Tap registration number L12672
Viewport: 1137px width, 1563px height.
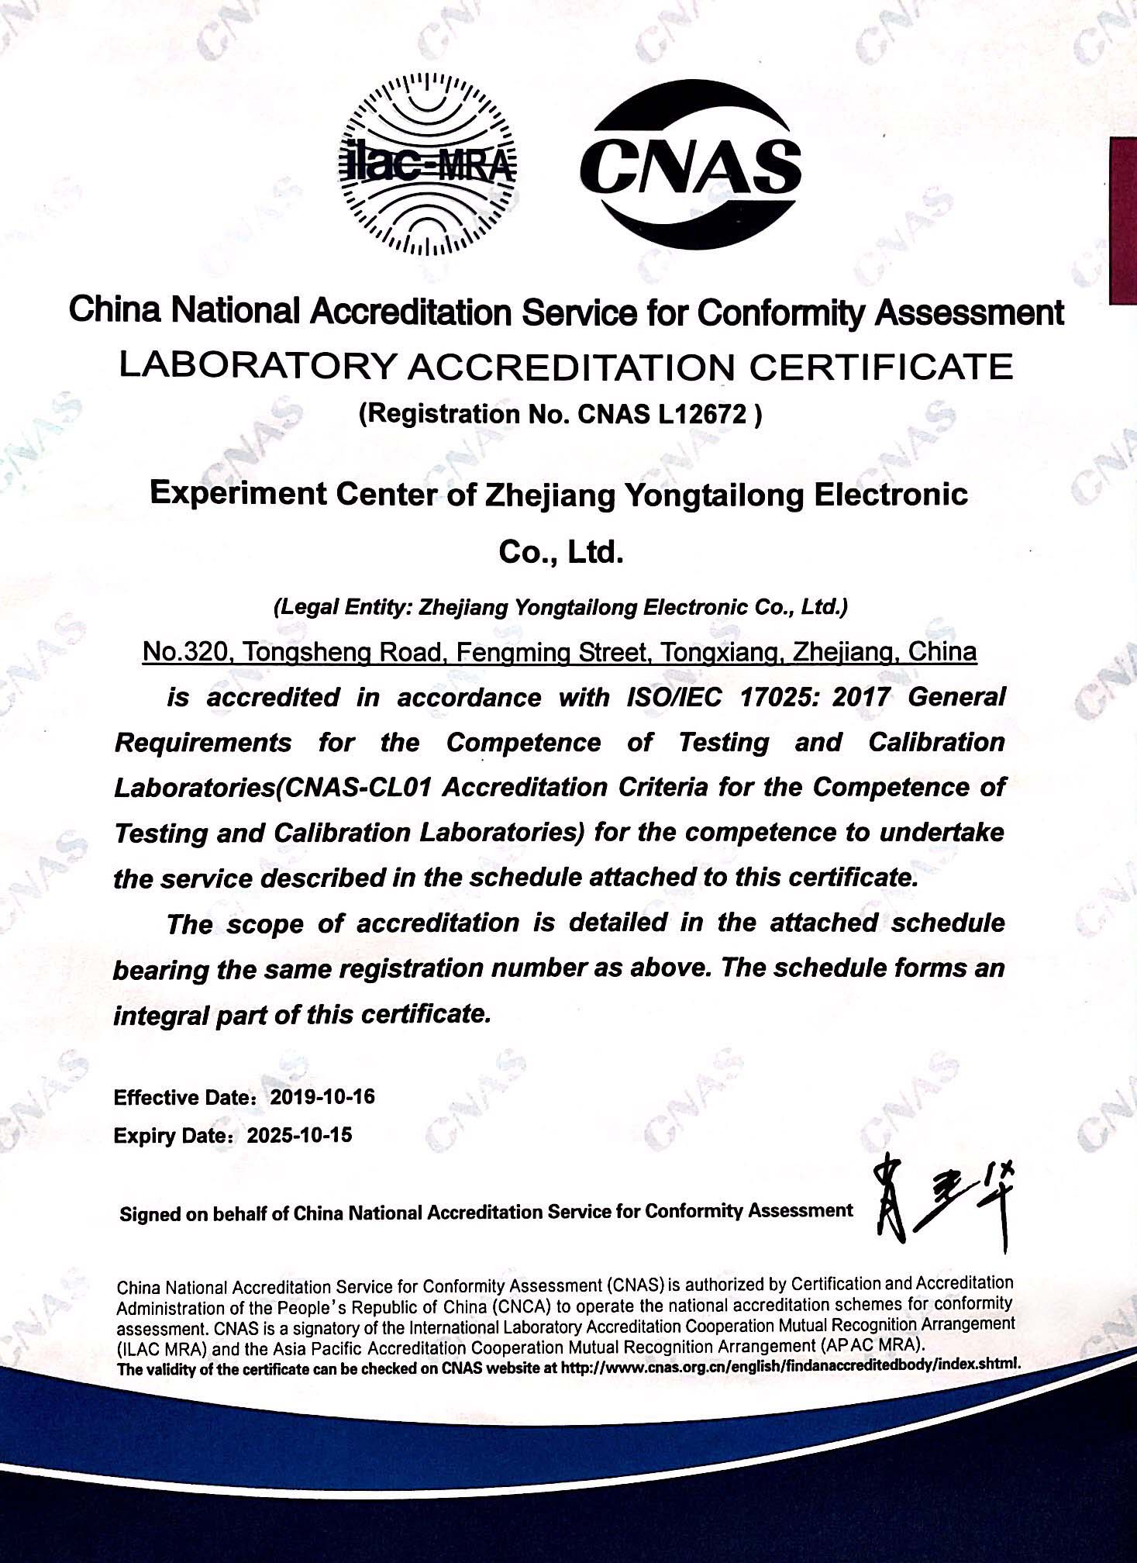pyautogui.click(x=704, y=415)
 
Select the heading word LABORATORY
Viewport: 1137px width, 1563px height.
pyautogui.click(x=257, y=367)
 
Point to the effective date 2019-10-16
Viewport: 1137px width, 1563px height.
pyautogui.click(x=322, y=1097)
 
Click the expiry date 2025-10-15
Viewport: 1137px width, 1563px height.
pyautogui.click(x=299, y=1135)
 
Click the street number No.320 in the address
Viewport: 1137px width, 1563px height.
pyautogui.click(x=186, y=652)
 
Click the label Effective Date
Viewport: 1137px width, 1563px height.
pyautogui.click(x=184, y=1098)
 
